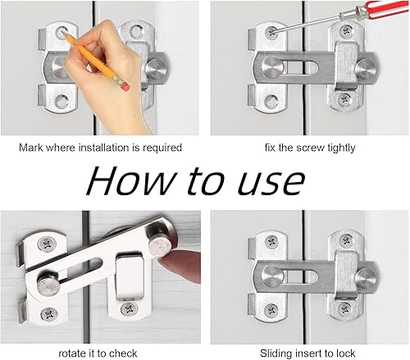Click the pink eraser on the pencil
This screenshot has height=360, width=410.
pyautogui.click(x=125, y=87)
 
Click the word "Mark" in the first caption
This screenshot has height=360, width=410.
pyautogui.click(x=31, y=148)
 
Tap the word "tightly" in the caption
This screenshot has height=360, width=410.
pyautogui.click(x=341, y=148)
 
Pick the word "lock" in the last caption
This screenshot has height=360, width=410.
pyautogui.click(x=346, y=353)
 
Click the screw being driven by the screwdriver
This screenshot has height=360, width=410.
pyautogui.click(x=271, y=32)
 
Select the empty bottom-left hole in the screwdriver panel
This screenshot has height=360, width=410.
pyautogui.click(x=271, y=101)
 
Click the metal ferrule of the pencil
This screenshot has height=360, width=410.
pyautogui.click(x=117, y=80)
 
